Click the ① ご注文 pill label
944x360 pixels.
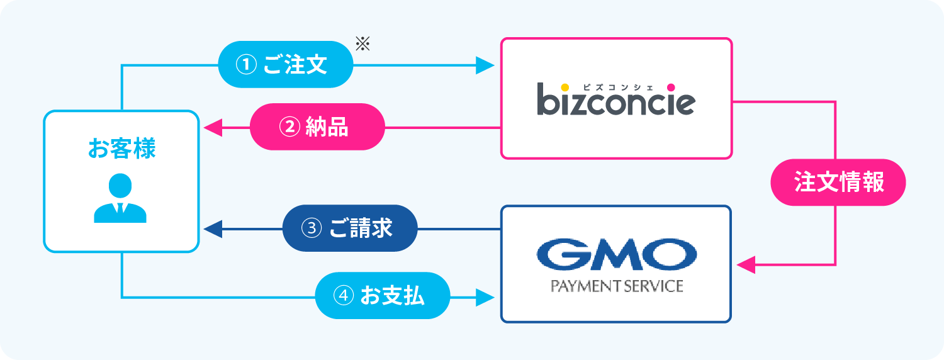(285, 65)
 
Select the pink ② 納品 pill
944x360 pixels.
(317, 127)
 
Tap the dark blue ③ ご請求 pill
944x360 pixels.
(350, 228)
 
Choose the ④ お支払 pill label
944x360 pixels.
(383, 295)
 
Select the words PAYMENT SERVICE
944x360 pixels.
(617, 286)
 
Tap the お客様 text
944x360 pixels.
(121, 149)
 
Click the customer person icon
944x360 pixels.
(120, 198)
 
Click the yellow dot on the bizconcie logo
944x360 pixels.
(565, 87)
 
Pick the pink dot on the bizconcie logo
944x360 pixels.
(671, 87)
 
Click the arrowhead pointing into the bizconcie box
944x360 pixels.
(485, 65)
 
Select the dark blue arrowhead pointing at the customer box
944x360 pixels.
(213, 228)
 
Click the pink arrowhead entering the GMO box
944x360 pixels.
(745, 264)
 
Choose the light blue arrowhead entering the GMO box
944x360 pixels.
(485, 296)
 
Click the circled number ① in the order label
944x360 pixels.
(244, 65)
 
